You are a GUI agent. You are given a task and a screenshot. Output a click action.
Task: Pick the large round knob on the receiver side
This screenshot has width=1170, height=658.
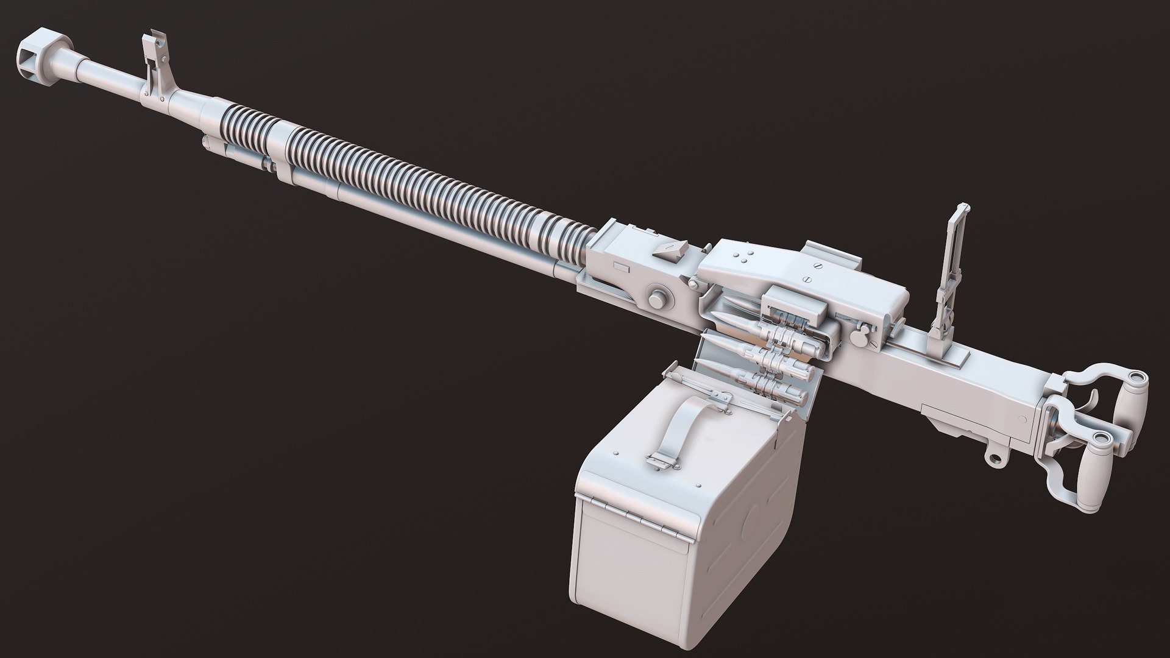[658, 299]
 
